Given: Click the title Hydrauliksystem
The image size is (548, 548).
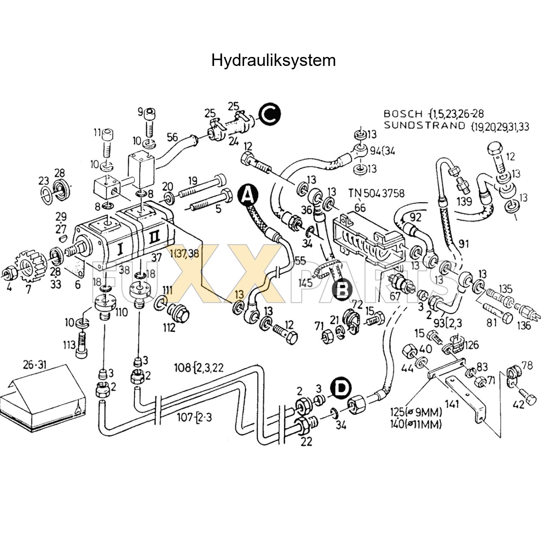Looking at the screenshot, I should coord(273,60).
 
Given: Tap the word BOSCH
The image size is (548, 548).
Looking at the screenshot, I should coord(402,114).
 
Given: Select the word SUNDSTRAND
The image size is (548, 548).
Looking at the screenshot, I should coord(418,125).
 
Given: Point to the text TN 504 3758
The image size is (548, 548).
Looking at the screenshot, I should coord(376,193).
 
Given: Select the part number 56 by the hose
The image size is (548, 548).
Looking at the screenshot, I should coord(172,137).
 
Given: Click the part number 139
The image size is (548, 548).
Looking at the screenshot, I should coord(465,201).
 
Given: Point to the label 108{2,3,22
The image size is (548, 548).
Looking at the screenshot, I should coord(198,367).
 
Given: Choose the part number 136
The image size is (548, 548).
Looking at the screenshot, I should coord(524,325).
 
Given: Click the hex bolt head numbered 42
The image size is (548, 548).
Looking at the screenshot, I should coord(530,399).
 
